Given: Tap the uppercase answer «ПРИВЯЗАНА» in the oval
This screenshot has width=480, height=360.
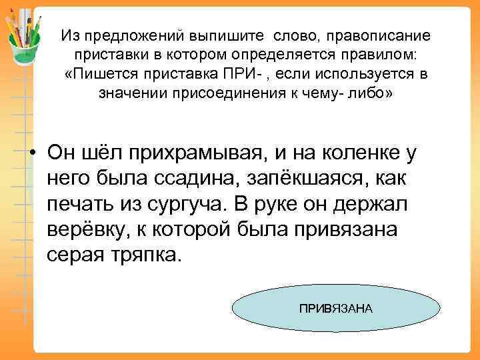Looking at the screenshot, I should click(x=335, y=309).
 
